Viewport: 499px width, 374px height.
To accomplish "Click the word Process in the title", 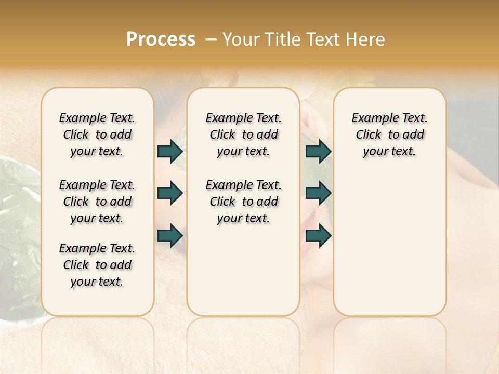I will click(161, 39).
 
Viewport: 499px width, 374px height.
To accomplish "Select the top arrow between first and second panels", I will click(170, 152).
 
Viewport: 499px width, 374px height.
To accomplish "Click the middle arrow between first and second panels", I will click(170, 194).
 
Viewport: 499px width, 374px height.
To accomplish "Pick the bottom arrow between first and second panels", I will click(170, 236).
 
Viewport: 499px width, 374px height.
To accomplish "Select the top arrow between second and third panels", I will click(318, 152).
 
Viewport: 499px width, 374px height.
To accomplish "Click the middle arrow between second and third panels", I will click(318, 194).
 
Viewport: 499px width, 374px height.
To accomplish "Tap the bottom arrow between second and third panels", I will click(318, 236).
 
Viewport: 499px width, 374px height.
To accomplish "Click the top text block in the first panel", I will click(97, 135).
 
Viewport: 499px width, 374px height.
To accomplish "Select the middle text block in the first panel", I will click(97, 202).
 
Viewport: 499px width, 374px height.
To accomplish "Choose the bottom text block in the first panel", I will click(97, 265).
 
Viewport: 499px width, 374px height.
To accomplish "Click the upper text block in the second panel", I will click(243, 135).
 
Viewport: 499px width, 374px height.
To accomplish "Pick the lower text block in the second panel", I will click(243, 202).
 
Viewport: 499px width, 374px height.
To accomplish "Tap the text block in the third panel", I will click(389, 135).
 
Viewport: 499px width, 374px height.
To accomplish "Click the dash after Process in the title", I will click(211, 39).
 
